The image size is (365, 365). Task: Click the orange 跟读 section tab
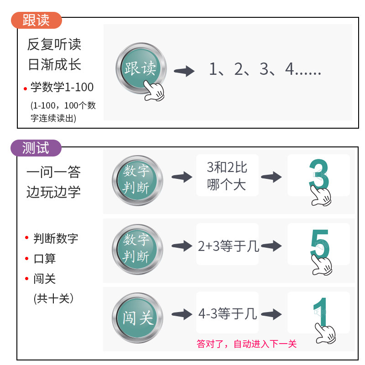[36, 20]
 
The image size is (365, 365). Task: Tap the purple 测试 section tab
[36, 148]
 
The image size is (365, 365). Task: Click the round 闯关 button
[137, 317]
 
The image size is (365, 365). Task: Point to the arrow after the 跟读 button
[184, 71]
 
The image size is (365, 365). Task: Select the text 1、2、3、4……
[265, 69]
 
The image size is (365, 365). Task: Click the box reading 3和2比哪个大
[227, 176]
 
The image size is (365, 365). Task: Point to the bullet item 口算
[45, 258]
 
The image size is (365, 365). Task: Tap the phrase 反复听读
[54, 45]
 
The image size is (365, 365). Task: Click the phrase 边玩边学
[53, 192]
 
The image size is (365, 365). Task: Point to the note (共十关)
[53, 298]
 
